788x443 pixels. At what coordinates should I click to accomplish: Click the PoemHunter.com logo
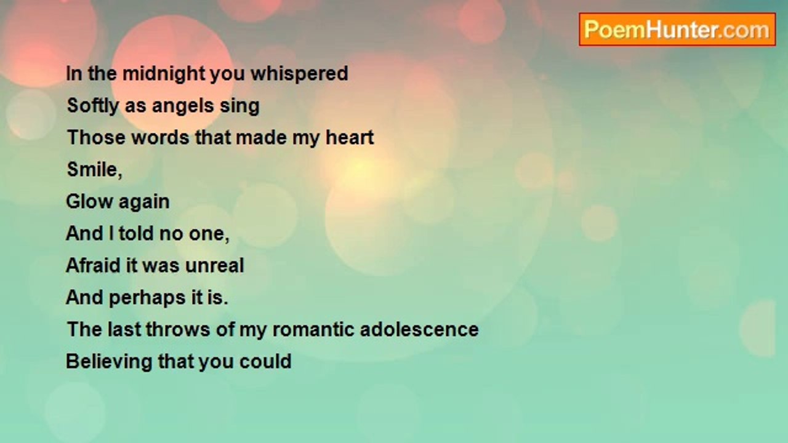677,30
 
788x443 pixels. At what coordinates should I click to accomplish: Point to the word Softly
93,106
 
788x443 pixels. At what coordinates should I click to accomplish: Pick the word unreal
215,265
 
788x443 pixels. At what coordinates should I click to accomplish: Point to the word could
265,361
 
